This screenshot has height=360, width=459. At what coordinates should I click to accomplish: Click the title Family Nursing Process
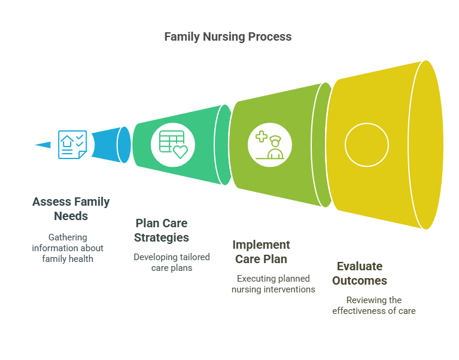[228, 37]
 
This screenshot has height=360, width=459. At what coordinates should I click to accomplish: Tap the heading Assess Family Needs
[71, 209]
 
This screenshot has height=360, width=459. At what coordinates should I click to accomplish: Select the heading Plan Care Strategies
[162, 230]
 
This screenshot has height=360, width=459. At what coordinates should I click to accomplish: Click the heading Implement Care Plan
[261, 252]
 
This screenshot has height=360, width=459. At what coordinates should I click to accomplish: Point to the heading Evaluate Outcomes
[360, 273]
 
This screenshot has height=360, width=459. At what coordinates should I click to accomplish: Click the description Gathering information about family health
[68, 248]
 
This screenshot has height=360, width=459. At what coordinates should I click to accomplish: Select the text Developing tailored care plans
[172, 263]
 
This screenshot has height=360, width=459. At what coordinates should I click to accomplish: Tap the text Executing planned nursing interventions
[273, 284]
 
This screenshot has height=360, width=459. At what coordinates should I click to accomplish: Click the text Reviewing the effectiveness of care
[374, 306]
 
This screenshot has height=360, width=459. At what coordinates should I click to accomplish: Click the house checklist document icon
[72, 145]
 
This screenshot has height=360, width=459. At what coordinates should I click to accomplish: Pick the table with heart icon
[173, 145]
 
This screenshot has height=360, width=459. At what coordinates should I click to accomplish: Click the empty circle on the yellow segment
[367, 123]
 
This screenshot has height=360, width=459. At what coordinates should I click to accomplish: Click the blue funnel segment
[111, 145]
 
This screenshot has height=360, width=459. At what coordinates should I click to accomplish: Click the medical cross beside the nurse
[262, 136]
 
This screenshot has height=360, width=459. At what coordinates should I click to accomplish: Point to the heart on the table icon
[180, 152]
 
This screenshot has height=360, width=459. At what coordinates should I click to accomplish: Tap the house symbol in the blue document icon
[67, 141]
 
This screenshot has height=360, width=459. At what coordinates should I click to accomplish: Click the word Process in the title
[270, 37]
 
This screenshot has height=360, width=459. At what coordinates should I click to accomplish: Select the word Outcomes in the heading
[360, 280]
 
